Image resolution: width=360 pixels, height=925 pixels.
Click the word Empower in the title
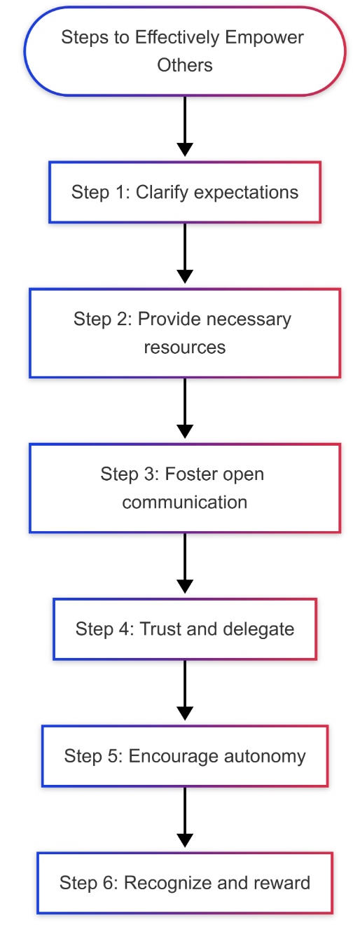click(264, 38)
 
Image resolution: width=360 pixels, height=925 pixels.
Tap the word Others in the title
click(185, 65)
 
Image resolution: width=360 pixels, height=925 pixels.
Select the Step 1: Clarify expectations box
click(185, 192)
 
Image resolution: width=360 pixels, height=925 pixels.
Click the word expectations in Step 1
click(246, 193)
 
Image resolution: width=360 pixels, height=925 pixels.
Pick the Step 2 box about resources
click(185, 333)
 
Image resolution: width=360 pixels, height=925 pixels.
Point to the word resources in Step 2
click(185, 348)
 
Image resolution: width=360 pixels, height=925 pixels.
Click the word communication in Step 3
click(185, 502)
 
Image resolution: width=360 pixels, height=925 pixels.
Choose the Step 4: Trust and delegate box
click(185, 629)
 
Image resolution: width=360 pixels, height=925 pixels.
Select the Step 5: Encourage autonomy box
click(185, 755)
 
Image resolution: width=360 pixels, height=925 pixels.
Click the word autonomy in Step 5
click(265, 757)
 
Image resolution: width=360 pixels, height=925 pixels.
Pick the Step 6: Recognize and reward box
click(185, 883)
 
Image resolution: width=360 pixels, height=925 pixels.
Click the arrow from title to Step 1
click(185, 126)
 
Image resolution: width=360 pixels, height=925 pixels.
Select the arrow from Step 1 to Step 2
click(185, 253)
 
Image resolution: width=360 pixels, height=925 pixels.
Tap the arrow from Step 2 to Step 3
click(185, 408)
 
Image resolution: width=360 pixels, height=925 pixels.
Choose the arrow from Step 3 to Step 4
click(185, 563)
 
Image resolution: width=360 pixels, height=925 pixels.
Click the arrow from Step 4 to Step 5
click(185, 690)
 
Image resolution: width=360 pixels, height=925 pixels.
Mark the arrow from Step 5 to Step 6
click(185, 817)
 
